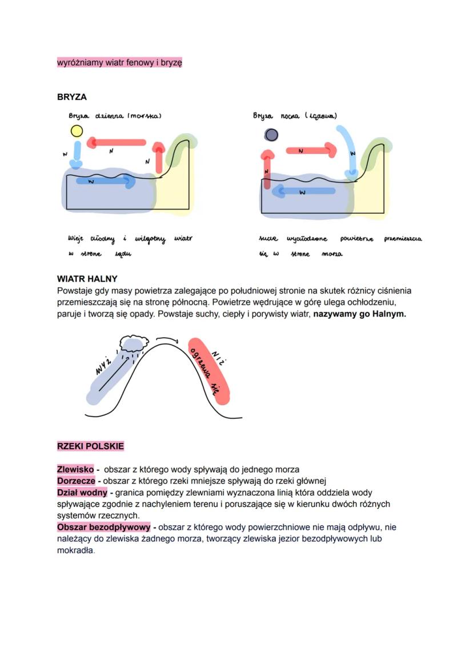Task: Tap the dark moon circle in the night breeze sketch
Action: [x=271, y=135]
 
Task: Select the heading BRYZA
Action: [x=72, y=97]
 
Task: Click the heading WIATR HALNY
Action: [x=87, y=279]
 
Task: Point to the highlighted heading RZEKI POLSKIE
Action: [x=90, y=446]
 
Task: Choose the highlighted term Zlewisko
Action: [x=75, y=469]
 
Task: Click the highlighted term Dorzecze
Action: [x=76, y=481]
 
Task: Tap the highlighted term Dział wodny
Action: [x=82, y=492]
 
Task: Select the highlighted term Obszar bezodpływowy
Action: [x=103, y=527]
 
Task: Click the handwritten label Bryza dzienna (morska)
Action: [x=115, y=116]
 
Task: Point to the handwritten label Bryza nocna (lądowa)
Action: [x=295, y=116]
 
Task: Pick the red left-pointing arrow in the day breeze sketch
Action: [x=119, y=142]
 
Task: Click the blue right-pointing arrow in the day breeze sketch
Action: [x=105, y=181]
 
